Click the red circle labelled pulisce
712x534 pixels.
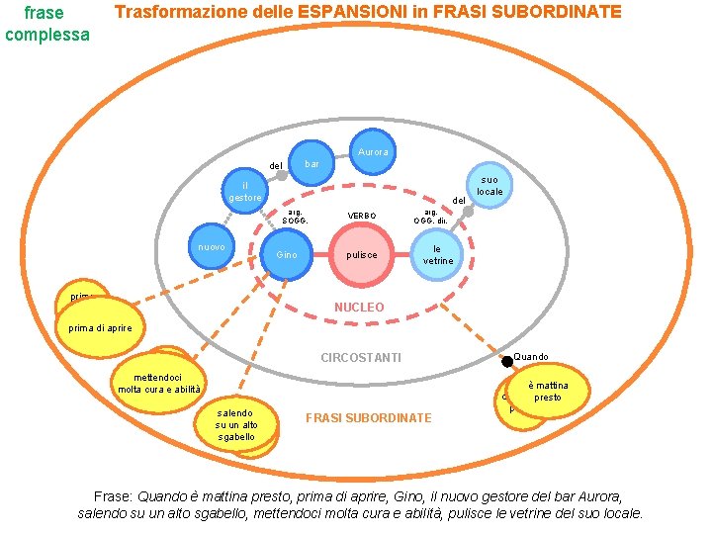click(x=361, y=254)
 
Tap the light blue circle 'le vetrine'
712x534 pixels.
click(x=437, y=254)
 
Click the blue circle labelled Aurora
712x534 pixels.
click(x=373, y=152)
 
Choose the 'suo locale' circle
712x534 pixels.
click(x=489, y=185)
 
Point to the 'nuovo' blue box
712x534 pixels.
click(x=212, y=247)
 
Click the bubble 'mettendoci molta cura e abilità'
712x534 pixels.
click(x=159, y=384)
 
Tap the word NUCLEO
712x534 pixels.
click(x=359, y=308)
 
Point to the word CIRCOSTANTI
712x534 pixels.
click(x=361, y=357)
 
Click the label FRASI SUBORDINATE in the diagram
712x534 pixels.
click(x=368, y=418)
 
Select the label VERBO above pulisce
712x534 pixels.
click(x=361, y=216)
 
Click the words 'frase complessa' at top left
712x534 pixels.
click(x=45, y=24)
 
